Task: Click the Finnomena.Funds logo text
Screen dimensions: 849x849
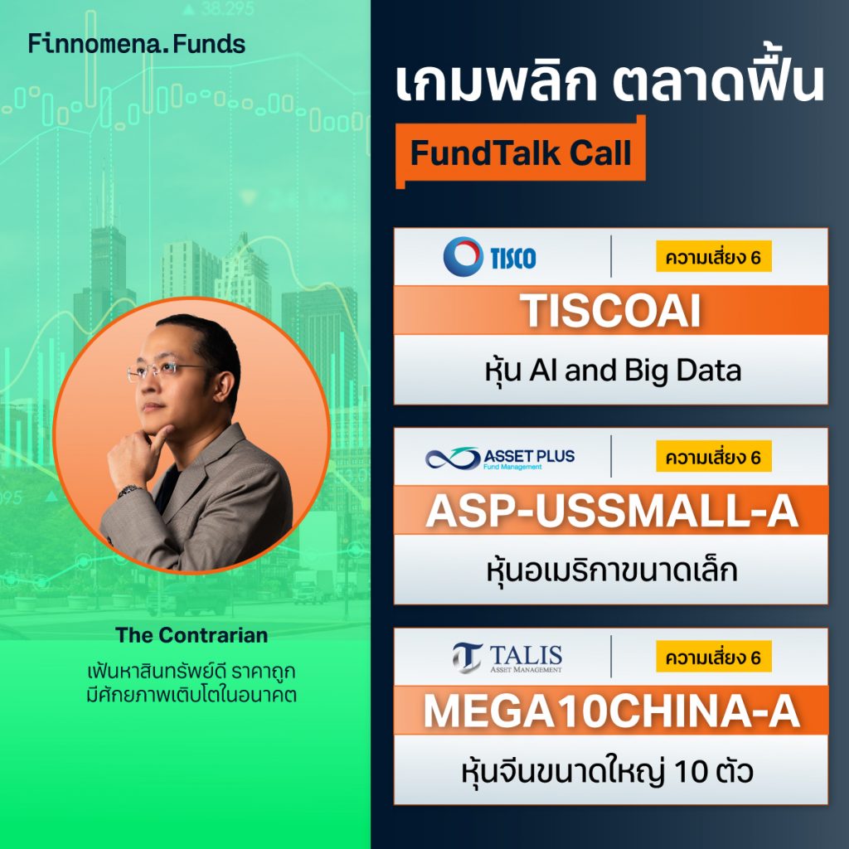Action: click(137, 44)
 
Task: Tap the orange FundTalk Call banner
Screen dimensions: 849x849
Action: click(521, 154)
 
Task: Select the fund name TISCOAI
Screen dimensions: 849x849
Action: click(610, 311)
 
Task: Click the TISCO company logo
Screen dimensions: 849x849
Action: click(490, 256)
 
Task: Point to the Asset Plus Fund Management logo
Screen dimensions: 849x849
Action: click(500, 458)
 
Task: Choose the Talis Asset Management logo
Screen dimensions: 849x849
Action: click(507, 657)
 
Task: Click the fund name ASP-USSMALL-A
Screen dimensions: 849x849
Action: click(611, 512)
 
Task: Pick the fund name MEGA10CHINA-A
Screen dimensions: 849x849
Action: click(611, 712)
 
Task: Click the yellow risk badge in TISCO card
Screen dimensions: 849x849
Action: click(714, 257)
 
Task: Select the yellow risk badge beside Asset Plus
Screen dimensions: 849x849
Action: click(714, 457)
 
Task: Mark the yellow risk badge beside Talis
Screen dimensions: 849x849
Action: click(714, 657)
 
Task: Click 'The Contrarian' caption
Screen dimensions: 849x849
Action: click(192, 636)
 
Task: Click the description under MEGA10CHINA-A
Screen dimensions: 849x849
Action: click(611, 771)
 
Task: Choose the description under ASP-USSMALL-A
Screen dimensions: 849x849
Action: click(611, 570)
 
